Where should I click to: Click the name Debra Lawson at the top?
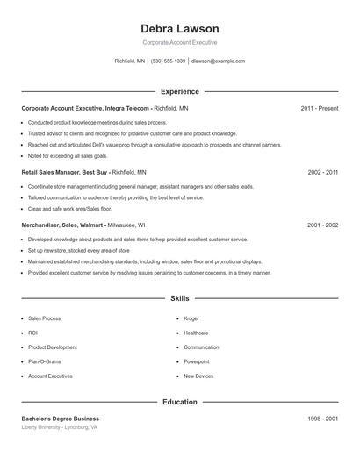180,29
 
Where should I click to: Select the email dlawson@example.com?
218,61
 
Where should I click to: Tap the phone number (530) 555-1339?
169,61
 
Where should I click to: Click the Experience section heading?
180,91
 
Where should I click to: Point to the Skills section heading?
180,298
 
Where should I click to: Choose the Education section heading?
180,402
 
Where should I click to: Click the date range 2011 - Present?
319,108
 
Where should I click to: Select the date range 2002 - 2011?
323,173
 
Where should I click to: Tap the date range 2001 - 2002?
323,225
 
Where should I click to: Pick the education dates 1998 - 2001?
323,418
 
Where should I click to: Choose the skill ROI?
33,333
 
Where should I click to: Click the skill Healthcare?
197,333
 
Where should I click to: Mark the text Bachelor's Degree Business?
61,418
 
